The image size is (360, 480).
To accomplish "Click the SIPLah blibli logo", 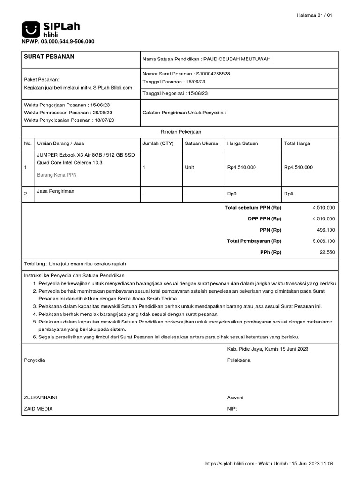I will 51,29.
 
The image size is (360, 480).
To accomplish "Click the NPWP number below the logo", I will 58,42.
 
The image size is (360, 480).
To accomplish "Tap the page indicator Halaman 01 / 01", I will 315,15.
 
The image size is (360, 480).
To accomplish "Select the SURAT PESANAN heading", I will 49,57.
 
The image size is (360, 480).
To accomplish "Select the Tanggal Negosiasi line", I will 175,93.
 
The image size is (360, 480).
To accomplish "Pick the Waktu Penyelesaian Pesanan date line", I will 69,120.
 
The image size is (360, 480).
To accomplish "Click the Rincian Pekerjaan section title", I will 180,132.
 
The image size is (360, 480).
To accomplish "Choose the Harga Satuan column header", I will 242,143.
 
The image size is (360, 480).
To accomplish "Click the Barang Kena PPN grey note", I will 57,175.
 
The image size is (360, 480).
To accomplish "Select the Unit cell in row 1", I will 189,167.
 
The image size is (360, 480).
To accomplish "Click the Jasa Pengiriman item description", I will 56,191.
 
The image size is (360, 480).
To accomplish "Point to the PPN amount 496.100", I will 326,230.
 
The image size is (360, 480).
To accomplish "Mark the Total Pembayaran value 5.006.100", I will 324,241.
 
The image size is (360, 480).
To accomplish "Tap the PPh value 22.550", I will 327,252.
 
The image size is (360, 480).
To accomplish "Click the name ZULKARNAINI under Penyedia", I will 41,397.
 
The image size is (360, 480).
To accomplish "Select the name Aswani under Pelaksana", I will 235,397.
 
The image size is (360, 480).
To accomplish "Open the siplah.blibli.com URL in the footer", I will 230,464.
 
